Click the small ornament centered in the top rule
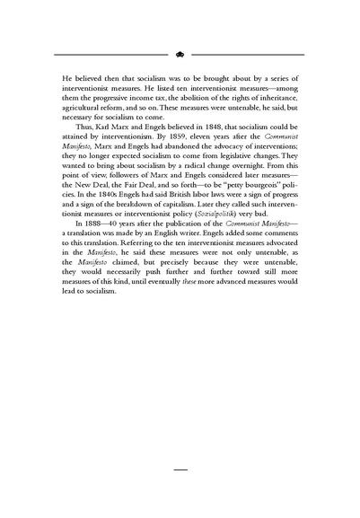click(180, 53)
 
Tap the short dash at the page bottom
click(180, 469)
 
